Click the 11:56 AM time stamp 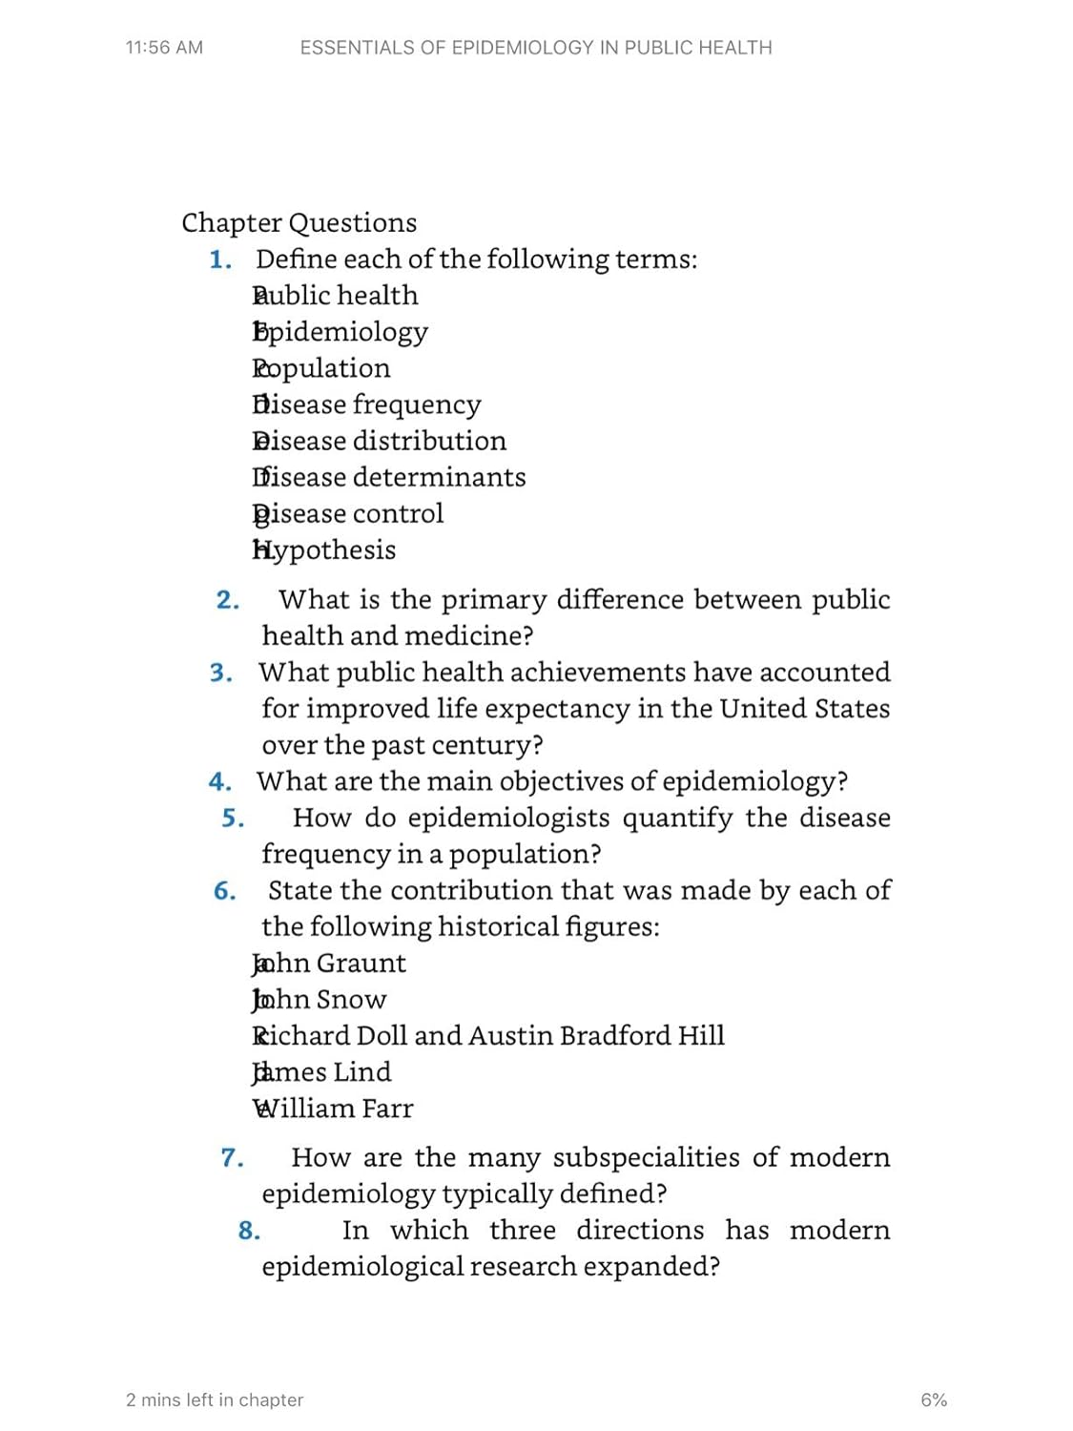click(x=164, y=48)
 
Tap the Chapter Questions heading click(x=299, y=222)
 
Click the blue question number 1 click(x=220, y=259)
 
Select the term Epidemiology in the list click(x=340, y=332)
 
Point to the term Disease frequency click(x=367, y=404)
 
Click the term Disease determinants click(x=389, y=477)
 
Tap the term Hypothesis click(x=324, y=550)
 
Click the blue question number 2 click(x=227, y=600)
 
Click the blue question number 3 click(x=221, y=673)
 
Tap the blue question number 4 click(x=219, y=782)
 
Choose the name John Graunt click(x=330, y=964)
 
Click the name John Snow click(x=320, y=1000)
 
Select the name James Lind click(x=322, y=1072)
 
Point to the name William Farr click(x=333, y=1109)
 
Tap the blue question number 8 click(x=249, y=1231)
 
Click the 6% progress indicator click(x=934, y=1400)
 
